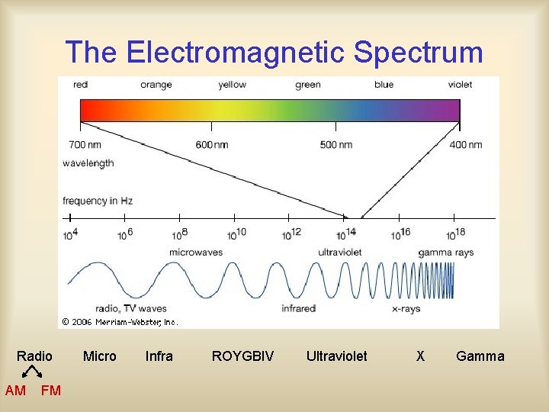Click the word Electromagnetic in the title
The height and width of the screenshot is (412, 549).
click(236, 53)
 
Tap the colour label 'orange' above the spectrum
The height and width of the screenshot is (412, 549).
click(156, 85)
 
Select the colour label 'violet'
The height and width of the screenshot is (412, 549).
click(460, 85)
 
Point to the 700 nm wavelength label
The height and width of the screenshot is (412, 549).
click(85, 145)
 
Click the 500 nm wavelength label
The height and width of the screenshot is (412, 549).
click(335, 145)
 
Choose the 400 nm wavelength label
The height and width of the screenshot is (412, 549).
click(465, 145)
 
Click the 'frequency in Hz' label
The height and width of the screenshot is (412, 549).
click(98, 201)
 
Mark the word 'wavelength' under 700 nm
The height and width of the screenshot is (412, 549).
click(88, 163)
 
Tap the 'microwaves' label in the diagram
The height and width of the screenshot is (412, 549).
click(196, 252)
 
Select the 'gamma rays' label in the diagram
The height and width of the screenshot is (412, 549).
click(446, 252)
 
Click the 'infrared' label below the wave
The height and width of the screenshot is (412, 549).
click(298, 308)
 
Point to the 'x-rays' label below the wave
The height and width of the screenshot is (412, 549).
click(406, 308)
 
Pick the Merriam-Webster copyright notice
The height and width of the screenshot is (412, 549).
click(120, 322)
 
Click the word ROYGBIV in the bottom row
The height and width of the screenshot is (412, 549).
click(242, 356)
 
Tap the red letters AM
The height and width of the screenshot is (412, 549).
click(15, 391)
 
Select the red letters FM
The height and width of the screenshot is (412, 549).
click(51, 391)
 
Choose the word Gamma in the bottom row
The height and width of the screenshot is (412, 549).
click(480, 356)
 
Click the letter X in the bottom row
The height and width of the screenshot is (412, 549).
click(420, 356)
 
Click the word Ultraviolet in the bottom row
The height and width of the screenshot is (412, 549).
click(336, 356)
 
